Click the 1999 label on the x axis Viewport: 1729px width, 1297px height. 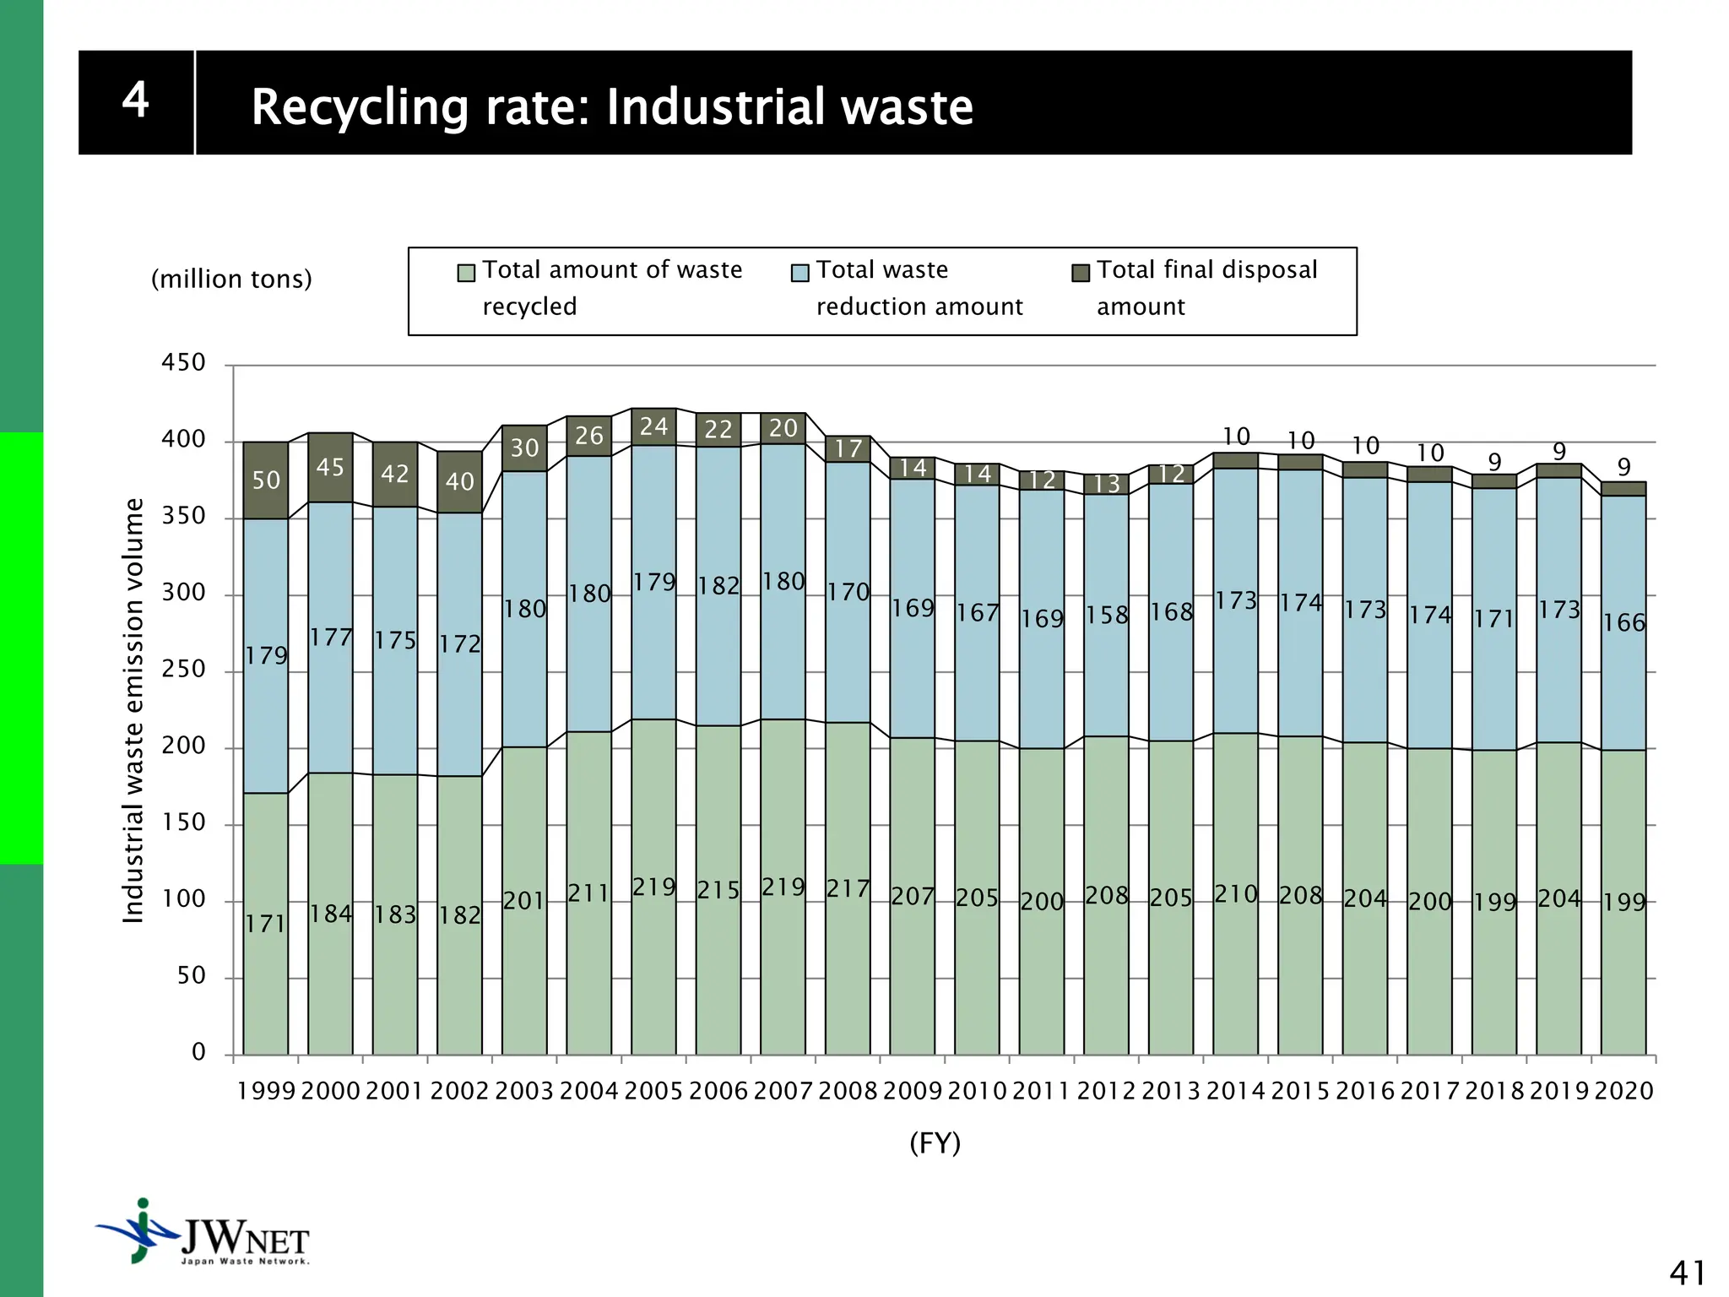266,1091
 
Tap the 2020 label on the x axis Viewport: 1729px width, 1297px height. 1623,1091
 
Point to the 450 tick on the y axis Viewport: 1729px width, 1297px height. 183,362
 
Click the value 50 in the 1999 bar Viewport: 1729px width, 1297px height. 266,480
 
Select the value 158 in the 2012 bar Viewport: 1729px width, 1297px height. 1107,615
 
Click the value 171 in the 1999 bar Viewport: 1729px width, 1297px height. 266,924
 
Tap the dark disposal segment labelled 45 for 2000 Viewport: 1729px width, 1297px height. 330,467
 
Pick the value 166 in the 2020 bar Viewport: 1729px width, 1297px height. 1624,622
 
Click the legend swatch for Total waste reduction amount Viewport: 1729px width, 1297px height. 800,272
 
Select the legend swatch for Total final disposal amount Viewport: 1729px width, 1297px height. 1081,272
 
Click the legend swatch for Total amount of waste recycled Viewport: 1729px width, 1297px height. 466,272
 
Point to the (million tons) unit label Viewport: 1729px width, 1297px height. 231,279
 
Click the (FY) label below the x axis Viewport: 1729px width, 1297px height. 935,1143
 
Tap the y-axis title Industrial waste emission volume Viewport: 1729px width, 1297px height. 133,710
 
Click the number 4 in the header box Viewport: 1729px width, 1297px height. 136,100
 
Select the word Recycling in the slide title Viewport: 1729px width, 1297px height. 360,107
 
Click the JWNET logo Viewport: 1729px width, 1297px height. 203,1232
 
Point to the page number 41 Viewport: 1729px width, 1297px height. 1687,1273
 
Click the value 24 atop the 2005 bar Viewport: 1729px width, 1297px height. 653,426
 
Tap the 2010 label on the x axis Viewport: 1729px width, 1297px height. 977,1091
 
